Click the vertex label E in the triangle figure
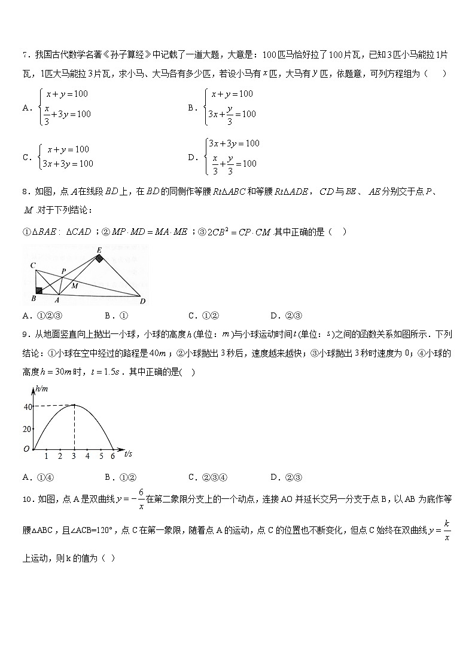tap(98, 250)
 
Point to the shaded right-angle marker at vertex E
tap(99, 259)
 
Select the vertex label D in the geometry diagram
tap(142, 301)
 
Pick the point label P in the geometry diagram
tap(63, 271)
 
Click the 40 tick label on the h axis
tap(27, 407)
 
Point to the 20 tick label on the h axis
tap(27, 428)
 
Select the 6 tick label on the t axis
tap(112, 456)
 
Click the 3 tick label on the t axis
tap(74, 456)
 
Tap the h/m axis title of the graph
tap(41, 389)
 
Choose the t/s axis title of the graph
tap(128, 455)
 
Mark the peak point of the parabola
tap(74, 405)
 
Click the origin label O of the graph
tap(26, 449)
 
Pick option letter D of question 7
tap(192, 157)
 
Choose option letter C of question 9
tap(192, 477)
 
